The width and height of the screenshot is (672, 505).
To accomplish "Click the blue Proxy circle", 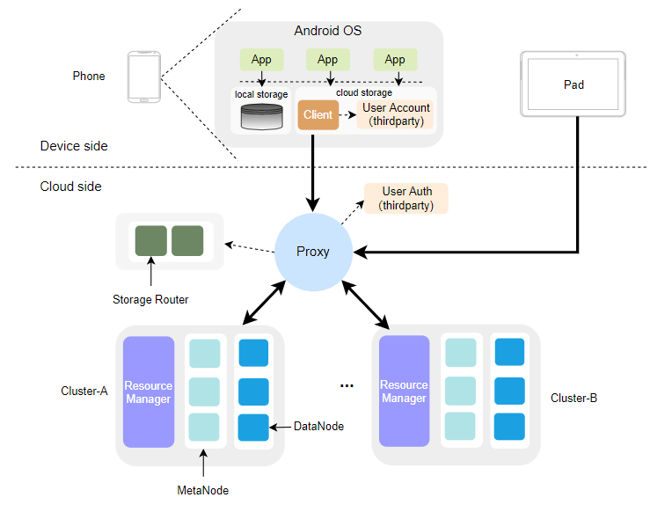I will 313,252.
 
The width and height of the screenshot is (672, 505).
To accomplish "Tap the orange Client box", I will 318,114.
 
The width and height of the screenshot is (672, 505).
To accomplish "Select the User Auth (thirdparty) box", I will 405,198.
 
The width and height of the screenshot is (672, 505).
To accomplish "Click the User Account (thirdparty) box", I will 396,114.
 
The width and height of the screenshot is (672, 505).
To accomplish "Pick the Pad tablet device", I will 573,84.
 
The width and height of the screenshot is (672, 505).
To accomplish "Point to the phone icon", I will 144,77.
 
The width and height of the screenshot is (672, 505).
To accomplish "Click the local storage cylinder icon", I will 261,117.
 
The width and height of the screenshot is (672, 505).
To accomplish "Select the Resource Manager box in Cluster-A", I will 149,392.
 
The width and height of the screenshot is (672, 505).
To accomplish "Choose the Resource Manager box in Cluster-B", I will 404,392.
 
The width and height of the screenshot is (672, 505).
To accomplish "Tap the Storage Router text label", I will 150,300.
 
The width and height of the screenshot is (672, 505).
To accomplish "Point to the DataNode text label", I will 318,426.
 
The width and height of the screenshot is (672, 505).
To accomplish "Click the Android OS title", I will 327,31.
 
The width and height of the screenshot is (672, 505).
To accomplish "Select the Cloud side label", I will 70,187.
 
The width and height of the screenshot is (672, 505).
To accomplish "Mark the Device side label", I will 74,146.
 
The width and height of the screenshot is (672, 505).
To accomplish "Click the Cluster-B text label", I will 573,398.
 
